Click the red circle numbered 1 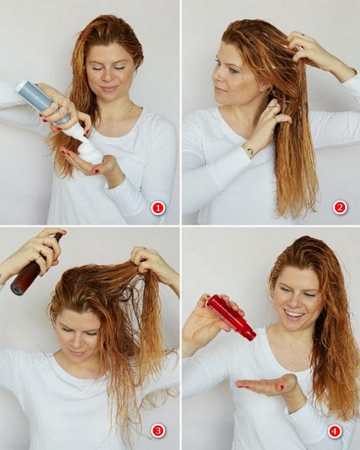[158, 208]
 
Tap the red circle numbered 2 [340, 207]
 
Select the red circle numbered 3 [158, 430]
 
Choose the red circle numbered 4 [334, 431]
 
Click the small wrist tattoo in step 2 [251, 151]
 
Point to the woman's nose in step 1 [109, 76]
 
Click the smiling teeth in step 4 [293, 314]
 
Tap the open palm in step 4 [265, 384]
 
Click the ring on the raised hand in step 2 [303, 35]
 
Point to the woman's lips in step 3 [77, 352]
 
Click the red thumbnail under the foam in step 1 [97, 172]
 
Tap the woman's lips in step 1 [109, 88]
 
